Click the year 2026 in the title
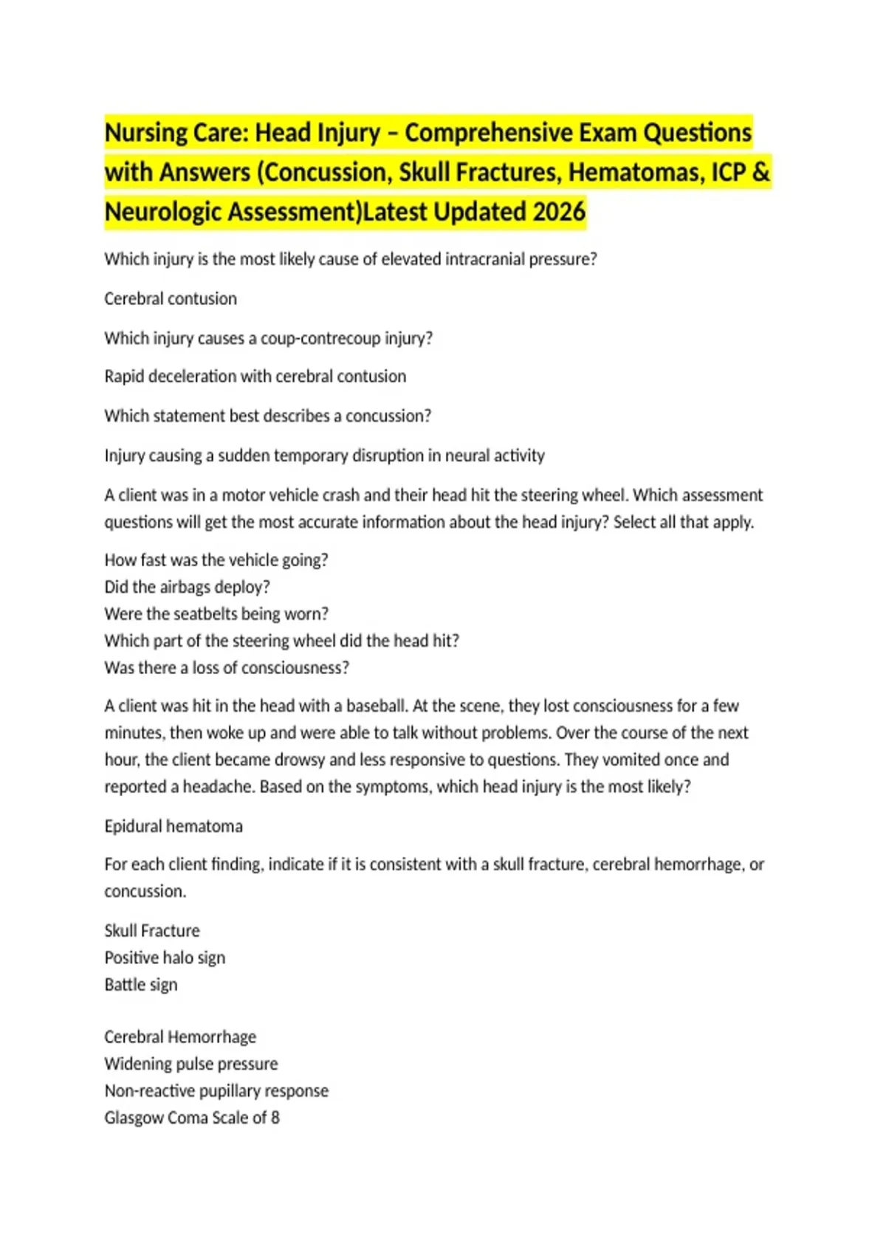coord(559,212)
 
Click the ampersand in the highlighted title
coord(760,172)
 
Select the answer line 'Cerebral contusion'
coord(171,299)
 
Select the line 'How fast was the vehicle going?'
coord(216,560)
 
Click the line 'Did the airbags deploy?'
coord(188,587)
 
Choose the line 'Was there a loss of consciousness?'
coord(227,668)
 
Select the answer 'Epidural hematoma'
coord(174,826)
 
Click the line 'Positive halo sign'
coord(165,957)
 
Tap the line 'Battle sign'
coord(141,985)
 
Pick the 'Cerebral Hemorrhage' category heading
coord(180,1037)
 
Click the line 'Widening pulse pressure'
coord(191,1064)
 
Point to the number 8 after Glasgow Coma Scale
coord(275,1118)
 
